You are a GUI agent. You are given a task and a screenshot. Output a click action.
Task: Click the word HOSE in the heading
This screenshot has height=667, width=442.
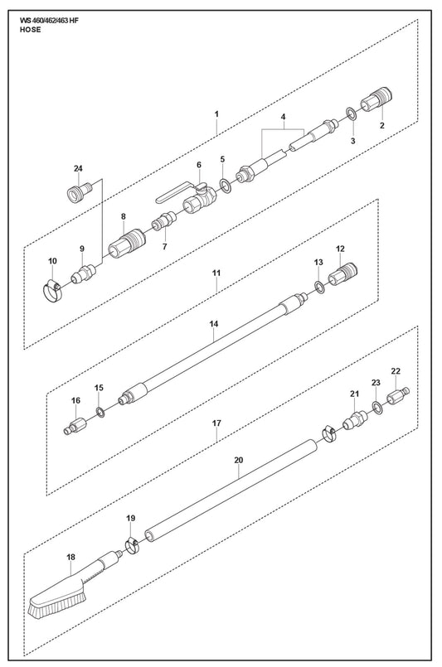30,30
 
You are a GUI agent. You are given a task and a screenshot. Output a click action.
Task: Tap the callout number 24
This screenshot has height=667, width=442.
78,169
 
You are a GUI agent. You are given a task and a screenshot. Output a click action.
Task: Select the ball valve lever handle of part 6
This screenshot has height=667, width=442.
174,193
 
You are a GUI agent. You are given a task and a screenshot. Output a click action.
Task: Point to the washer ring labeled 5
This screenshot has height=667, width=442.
226,186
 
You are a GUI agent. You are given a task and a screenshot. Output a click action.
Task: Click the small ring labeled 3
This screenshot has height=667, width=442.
352,114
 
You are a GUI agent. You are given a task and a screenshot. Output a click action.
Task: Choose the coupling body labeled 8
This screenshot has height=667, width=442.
127,244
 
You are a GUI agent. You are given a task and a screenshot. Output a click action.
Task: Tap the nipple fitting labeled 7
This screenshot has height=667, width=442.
164,220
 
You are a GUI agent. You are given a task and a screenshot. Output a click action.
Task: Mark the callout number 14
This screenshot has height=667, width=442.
214,324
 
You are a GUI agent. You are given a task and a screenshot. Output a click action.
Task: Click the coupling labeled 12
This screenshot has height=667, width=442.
342,275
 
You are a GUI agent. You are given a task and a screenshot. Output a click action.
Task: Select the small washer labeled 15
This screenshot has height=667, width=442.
100,412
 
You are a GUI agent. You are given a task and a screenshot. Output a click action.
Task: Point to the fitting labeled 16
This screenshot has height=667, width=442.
75,426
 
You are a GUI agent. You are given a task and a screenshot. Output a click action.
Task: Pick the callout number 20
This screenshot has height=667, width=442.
239,460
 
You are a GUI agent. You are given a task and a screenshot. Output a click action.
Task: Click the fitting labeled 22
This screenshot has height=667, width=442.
398,396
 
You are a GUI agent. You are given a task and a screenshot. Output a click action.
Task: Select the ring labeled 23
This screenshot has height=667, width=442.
376,407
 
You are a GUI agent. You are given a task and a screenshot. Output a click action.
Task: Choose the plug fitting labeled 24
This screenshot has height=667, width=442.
80,191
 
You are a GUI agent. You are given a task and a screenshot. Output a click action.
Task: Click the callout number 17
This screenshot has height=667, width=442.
216,423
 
